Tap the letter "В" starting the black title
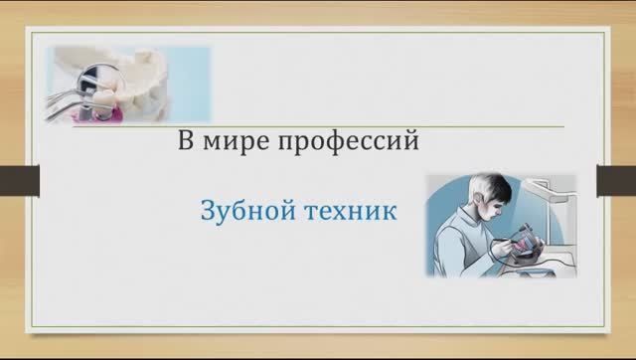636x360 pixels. tap(185, 141)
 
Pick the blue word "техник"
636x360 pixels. tap(348, 211)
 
